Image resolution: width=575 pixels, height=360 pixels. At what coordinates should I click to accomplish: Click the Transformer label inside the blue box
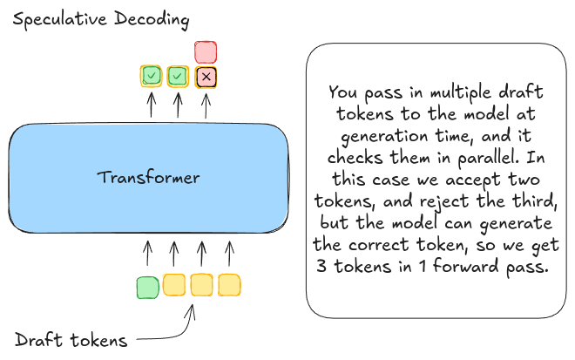(148, 179)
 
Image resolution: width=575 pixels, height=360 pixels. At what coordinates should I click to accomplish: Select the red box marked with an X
(206, 78)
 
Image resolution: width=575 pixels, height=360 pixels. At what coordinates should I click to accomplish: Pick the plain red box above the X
(206, 51)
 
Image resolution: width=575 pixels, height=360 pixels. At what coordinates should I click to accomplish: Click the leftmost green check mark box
(151, 77)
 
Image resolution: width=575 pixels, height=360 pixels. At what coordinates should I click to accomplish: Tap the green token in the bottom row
(147, 286)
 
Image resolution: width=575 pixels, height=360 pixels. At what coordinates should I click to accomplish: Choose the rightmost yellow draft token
(229, 284)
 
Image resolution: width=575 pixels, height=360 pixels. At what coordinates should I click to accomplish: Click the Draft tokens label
(71, 341)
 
